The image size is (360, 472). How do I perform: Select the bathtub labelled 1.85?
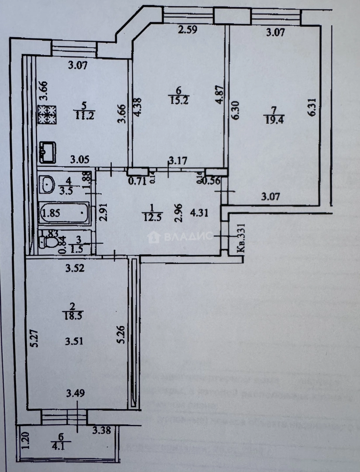point(65,214)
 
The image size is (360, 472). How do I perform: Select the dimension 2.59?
point(189,31)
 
